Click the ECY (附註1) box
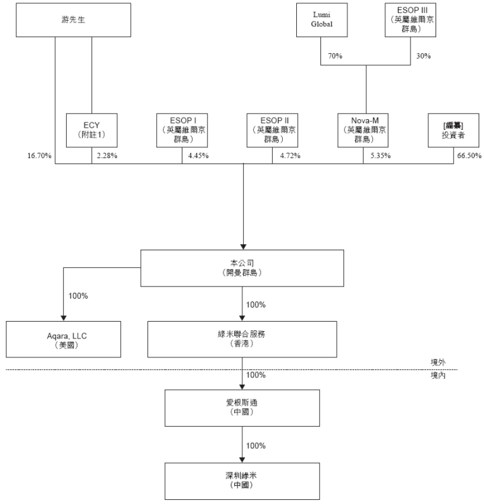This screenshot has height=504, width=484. (92, 130)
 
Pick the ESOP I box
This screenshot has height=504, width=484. (182, 130)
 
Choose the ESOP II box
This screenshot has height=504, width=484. (274, 130)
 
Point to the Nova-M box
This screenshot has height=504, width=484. (365, 130)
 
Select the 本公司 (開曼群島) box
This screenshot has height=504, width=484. (242, 268)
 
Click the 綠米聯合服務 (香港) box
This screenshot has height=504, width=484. (242, 340)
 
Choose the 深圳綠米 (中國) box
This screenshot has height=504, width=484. (242, 480)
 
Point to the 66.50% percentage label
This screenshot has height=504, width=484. (469, 156)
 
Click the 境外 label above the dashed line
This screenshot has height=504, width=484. (438, 363)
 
